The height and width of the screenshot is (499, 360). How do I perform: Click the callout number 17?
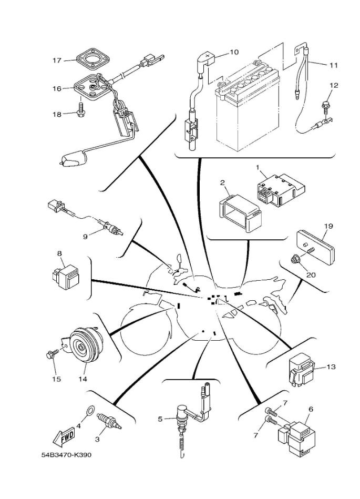[x=56, y=60]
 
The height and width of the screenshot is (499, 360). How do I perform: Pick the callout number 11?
[x=334, y=66]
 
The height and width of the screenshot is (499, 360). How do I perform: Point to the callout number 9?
[x=85, y=237]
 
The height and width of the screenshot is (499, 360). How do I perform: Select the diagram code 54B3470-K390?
[x=66, y=454]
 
